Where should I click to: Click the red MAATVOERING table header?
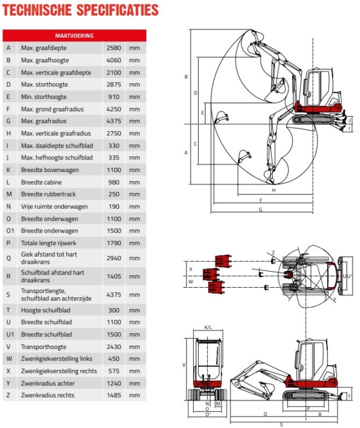coord(74,35)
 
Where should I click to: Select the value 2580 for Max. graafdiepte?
coord(114,48)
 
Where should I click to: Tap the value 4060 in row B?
coord(114,60)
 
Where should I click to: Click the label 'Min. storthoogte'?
coord(44,97)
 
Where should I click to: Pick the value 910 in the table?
coord(114,97)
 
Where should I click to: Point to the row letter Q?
coord(8,258)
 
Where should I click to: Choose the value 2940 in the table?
coord(114,258)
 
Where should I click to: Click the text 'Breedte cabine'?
coord(41,182)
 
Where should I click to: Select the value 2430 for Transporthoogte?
coord(114,346)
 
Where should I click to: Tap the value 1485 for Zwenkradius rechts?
coord(114,395)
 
